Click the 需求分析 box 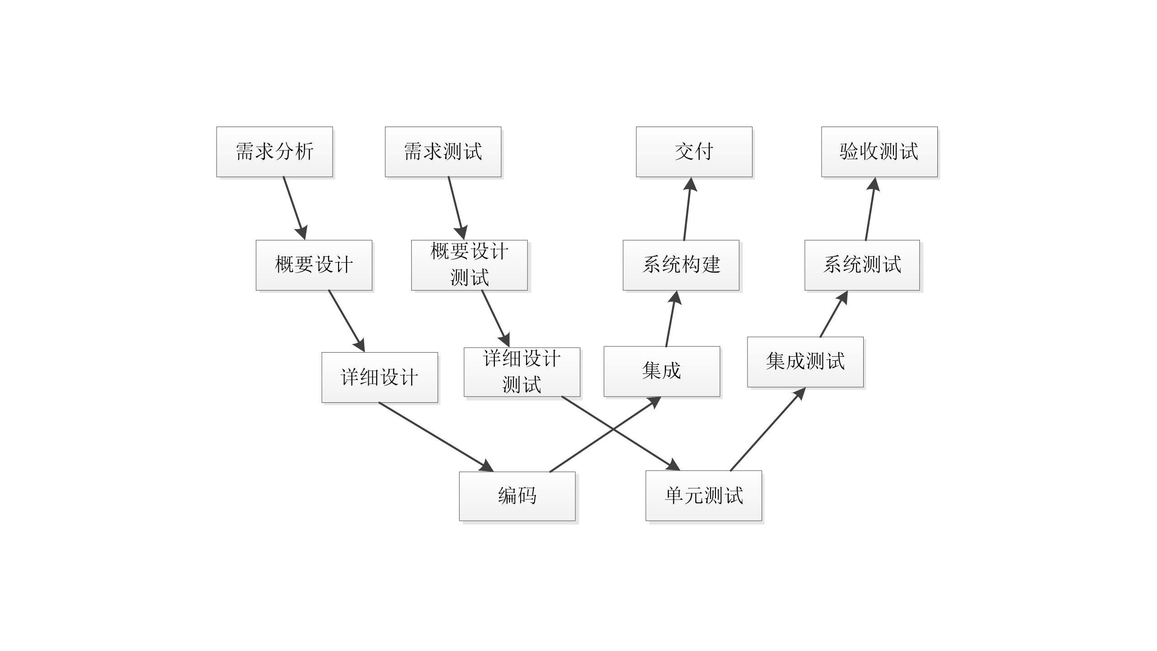tap(274, 151)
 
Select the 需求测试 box tap(443, 151)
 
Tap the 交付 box tap(694, 151)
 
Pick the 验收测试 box tap(879, 151)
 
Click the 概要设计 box tap(314, 265)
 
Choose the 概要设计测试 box tap(469, 265)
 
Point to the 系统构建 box tap(681, 265)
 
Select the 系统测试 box tap(862, 265)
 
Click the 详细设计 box tap(380, 377)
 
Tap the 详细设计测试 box tap(522, 372)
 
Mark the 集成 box tap(662, 371)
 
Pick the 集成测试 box tap(805, 362)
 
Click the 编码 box tap(517, 496)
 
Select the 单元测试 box tap(703, 495)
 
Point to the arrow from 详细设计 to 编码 tap(434, 435)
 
